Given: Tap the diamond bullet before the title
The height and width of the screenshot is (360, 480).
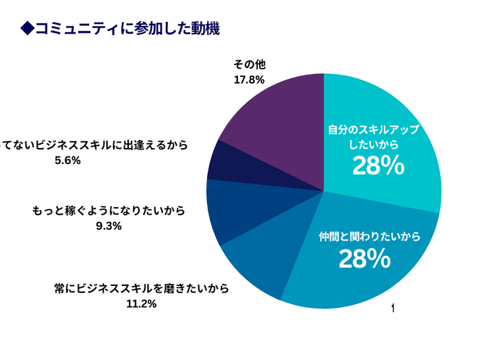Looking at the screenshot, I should (27, 28).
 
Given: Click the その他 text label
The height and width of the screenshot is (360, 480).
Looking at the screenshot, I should (249, 65).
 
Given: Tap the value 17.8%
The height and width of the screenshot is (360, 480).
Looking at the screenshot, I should (249, 80).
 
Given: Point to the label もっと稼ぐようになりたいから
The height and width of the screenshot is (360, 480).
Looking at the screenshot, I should (109, 211).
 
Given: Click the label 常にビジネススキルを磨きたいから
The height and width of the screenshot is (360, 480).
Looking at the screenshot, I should (141, 288).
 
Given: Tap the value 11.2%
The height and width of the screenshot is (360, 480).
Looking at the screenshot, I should (141, 303).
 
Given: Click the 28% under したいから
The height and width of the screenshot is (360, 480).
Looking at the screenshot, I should (378, 166).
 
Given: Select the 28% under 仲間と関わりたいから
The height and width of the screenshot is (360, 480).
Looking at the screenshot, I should (364, 259).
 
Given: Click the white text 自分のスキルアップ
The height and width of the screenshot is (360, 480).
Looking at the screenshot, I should (373, 130).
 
